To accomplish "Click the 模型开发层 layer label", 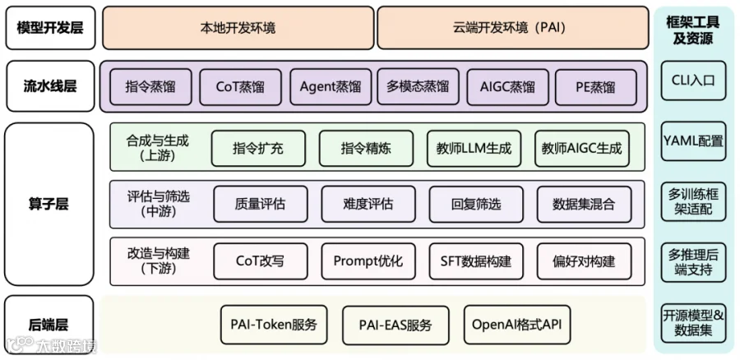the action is pos(50,28).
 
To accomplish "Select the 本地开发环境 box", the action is pos(238,28).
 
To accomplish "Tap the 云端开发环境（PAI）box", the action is pos(512,28).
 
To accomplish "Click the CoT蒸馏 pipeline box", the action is pos(240,87).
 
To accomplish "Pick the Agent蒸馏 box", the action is pos(331,87).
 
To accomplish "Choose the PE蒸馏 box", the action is pos(595,87).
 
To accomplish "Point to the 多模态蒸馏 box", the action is pos(418,87).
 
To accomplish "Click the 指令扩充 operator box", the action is pos(258,148).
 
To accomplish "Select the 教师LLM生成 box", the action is pos(474,148).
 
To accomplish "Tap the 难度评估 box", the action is pos(368,204).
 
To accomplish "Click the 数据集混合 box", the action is pos(584,204).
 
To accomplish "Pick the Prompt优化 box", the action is pos(368,261).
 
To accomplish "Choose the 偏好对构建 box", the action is pos(584,261).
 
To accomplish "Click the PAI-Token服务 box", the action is pos(274,325).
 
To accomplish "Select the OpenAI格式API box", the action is pos(517,325).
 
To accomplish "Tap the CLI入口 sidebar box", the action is pos(693,81).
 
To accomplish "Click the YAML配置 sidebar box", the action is pos(693,141).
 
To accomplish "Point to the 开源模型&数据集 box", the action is pos(693,323).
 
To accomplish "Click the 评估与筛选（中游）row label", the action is pos(159,204).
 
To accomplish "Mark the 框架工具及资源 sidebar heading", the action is pos(693,30).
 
